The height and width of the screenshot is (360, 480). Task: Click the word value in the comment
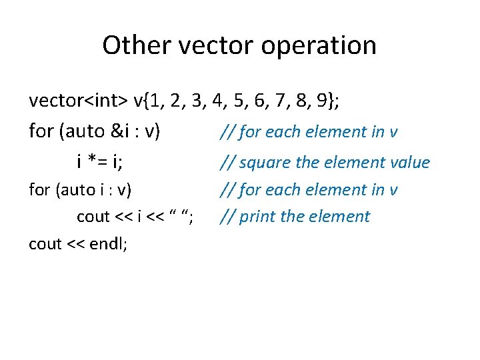(x=409, y=162)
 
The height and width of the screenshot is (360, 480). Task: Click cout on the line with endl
(x=45, y=244)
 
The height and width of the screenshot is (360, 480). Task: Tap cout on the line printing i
(x=93, y=217)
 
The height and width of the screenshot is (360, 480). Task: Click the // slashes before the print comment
(x=227, y=217)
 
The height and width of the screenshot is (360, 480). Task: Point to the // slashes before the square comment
(x=227, y=162)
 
